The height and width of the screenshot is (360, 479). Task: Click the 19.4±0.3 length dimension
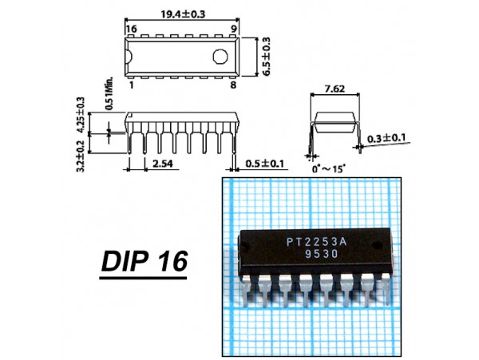click(x=183, y=14)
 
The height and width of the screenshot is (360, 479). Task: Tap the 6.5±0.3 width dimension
click(x=267, y=57)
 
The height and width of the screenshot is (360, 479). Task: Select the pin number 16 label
click(x=132, y=29)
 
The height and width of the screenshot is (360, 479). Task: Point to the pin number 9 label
click(x=234, y=29)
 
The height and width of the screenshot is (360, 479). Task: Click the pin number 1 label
click(x=132, y=85)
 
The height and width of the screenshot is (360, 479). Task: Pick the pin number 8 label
click(x=233, y=85)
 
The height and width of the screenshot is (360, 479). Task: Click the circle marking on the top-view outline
click(x=220, y=57)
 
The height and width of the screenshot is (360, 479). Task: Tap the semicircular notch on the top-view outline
click(x=129, y=57)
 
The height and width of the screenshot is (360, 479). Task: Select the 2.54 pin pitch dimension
click(x=163, y=164)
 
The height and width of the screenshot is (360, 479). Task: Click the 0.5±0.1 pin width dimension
click(x=264, y=164)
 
